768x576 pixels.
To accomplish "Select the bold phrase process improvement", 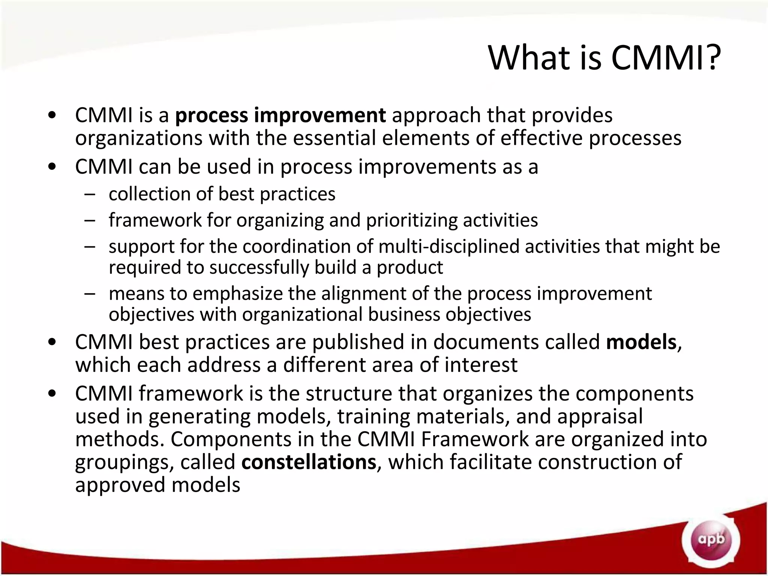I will coord(280,115).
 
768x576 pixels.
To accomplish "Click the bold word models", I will coord(641,342).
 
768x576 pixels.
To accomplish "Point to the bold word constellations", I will coord(309,462).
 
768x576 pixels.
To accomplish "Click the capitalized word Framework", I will coord(474,439).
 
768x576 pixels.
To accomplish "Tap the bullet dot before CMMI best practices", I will coord(52,342).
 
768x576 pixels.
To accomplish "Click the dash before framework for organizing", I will coord(90,220).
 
